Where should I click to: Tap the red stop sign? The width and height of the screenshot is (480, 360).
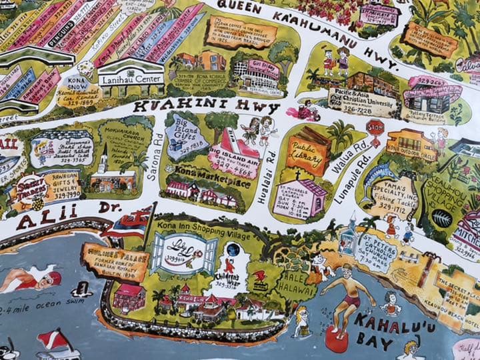pyautogui.click(x=375, y=127)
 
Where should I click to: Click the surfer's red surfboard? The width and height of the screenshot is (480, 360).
pyautogui.click(x=337, y=342)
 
